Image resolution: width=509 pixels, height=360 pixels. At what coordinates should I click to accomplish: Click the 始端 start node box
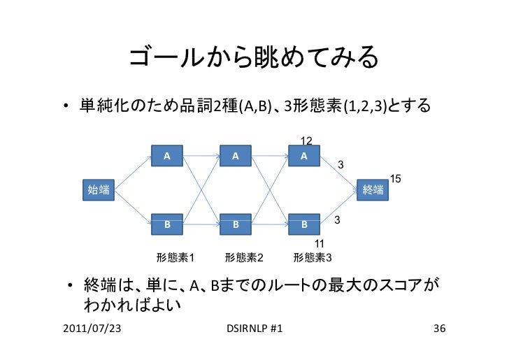coord(98,189)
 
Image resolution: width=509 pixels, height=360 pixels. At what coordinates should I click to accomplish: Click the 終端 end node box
coord(373,189)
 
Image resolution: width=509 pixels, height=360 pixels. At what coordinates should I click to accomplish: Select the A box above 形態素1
coord(167,155)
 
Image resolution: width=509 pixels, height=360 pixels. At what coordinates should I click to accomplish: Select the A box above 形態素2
coord(236,155)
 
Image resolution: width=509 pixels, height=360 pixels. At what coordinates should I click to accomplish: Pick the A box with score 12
coord(304,155)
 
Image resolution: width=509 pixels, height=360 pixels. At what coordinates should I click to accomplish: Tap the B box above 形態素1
coord(167,225)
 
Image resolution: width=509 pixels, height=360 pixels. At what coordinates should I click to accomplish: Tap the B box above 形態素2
coord(236,225)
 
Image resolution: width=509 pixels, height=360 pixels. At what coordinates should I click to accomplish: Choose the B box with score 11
coord(304,225)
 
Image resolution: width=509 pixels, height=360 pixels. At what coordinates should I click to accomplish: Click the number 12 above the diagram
coord(306,141)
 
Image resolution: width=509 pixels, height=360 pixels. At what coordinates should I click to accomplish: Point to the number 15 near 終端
coord(395,179)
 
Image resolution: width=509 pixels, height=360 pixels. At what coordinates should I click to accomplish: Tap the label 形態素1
coord(175,257)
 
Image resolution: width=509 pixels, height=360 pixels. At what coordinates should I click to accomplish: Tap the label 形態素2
coord(244,257)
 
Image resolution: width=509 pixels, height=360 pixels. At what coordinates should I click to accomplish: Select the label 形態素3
coord(313,257)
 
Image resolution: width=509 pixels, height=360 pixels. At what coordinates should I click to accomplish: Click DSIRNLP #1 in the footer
coord(255,329)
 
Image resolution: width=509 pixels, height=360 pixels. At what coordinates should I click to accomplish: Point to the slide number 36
coord(440,329)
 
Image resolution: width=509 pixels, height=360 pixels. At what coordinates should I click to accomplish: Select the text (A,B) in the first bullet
coord(256,107)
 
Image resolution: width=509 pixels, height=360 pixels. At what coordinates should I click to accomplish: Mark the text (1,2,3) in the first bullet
coord(364,107)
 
